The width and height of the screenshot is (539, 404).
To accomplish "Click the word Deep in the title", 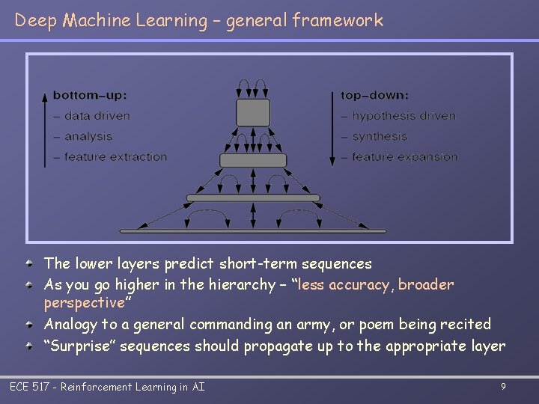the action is click(36, 20).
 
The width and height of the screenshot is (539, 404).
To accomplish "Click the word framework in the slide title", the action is click(338, 20).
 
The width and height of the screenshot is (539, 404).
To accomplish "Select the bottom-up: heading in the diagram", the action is click(90, 96).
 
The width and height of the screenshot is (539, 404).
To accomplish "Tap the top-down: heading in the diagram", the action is click(374, 96).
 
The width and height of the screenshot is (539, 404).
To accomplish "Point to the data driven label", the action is click(97, 116).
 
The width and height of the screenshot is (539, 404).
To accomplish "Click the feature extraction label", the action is click(115, 156).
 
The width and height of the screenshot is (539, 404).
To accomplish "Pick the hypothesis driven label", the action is click(403, 116).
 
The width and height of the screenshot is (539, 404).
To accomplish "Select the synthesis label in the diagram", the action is click(380, 136).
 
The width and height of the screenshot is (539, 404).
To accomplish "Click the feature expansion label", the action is click(404, 156).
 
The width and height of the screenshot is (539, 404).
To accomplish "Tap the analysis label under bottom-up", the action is click(88, 136).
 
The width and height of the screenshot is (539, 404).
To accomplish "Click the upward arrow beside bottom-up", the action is click(45, 127).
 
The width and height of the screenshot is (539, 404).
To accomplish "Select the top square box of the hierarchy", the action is click(253, 112).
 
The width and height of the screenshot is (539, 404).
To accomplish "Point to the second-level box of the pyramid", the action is click(253, 160).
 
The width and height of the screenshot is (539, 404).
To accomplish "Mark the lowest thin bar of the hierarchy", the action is click(253, 230).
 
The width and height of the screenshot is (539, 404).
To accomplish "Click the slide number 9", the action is click(503, 387).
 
